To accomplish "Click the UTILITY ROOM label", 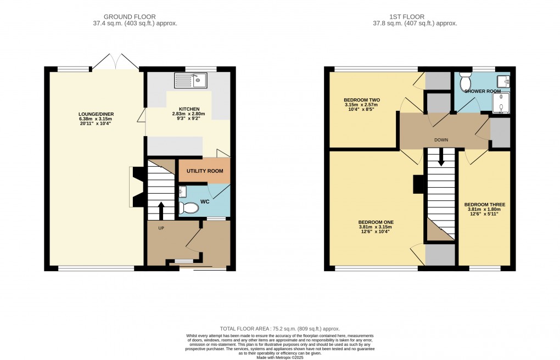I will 205,171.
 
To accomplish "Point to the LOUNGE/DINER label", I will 96,114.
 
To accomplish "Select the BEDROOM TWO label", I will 362,100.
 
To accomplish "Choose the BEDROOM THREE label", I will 484,205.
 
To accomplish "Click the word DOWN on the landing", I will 441,140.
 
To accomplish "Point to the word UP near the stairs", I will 161,228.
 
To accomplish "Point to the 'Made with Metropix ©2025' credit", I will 280,357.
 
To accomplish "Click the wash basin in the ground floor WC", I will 183,191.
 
